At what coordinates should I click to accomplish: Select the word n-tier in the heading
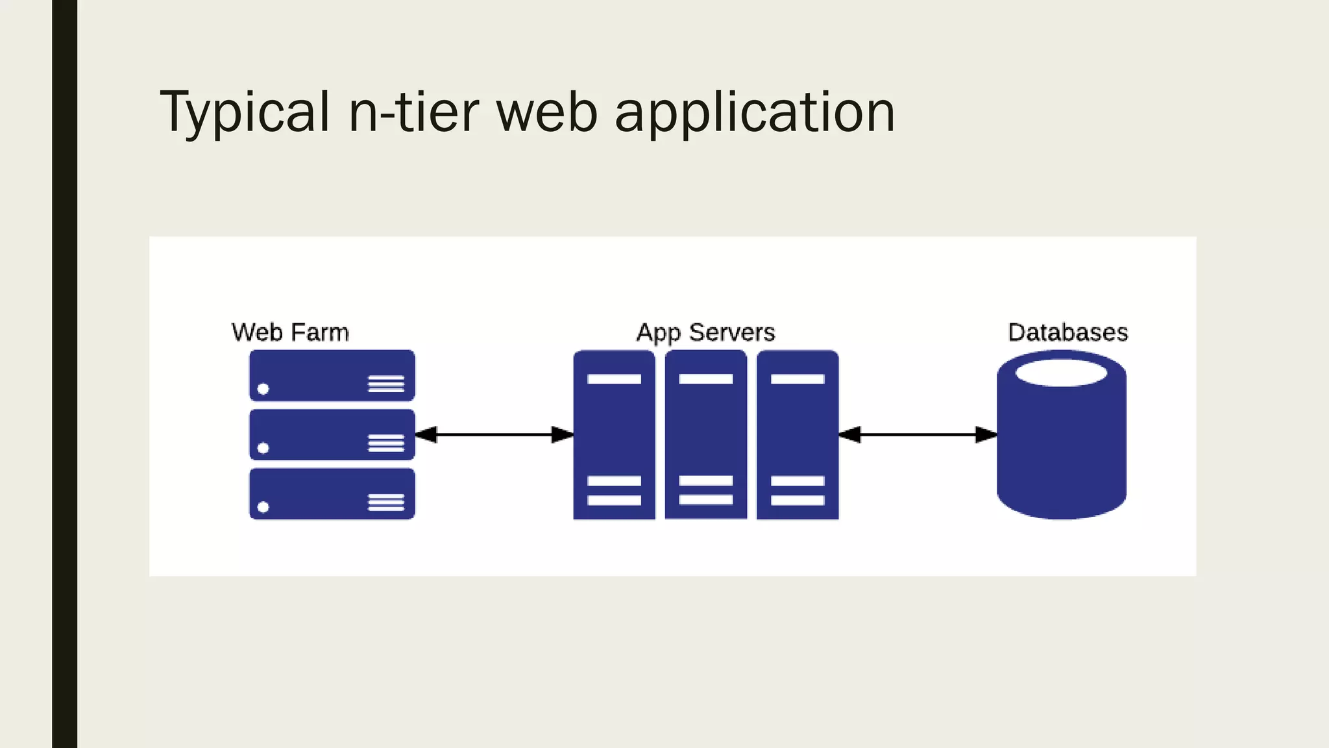point(414,112)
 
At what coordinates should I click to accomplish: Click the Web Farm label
point(290,332)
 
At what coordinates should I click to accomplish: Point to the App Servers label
point(705,332)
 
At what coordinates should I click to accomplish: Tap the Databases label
point(1067,332)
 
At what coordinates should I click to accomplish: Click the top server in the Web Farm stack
point(332,375)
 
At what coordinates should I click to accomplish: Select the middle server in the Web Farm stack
point(332,434)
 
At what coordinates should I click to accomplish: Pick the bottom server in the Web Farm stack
point(332,493)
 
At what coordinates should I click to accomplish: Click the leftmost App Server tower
point(614,434)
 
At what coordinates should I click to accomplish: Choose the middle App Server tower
point(705,434)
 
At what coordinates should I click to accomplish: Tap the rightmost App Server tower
point(798,434)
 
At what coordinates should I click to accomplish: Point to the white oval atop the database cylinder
point(1061,373)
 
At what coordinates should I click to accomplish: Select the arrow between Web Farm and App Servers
point(494,434)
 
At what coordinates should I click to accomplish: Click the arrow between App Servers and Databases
point(918,434)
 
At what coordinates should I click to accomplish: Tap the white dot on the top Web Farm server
point(263,389)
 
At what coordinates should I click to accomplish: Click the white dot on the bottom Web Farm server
point(263,507)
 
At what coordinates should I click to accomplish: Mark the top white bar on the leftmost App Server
point(614,379)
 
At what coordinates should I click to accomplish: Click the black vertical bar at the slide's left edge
point(64,374)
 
